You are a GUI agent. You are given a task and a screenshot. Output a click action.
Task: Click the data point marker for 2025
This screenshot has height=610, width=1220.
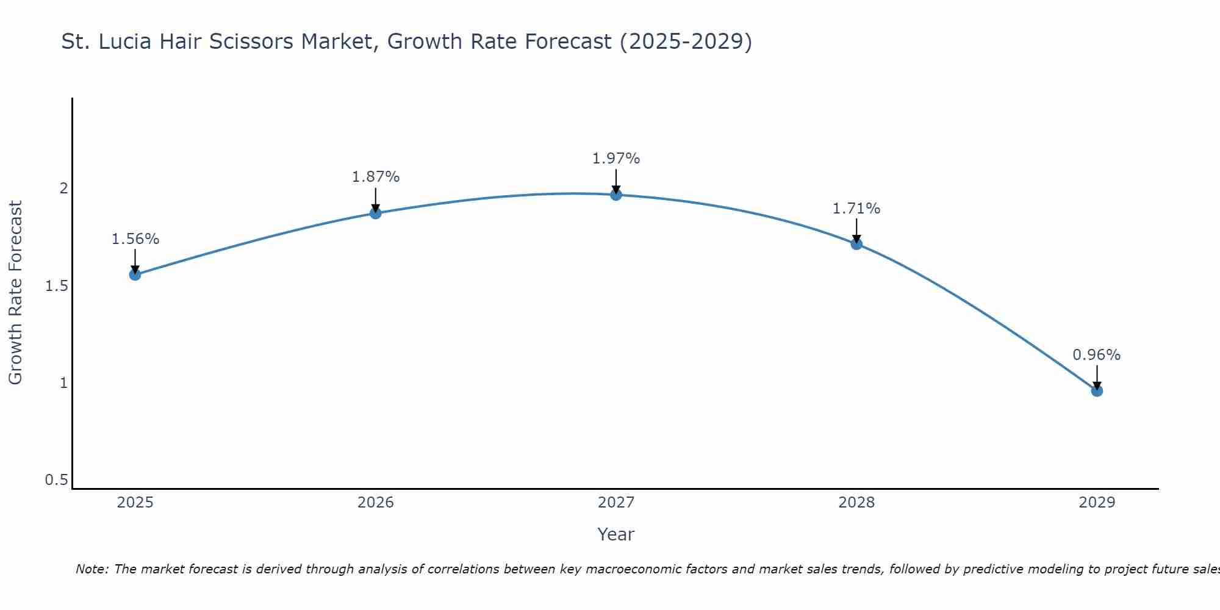pyautogui.click(x=135, y=274)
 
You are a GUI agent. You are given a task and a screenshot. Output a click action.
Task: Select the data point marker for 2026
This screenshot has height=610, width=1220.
pyautogui.click(x=376, y=213)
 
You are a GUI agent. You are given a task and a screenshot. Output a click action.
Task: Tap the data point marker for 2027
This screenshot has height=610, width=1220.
pyautogui.click(x=616, y=195)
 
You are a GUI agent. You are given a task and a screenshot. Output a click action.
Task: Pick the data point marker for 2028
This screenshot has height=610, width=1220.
pyautogui.click(x=856, y=244)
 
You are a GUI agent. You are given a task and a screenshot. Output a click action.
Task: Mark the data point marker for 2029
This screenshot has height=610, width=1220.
pyautogui.click(x=1097, y=390)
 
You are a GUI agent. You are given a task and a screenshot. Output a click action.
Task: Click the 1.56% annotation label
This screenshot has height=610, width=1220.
pyautogui.click(x=135, y=239)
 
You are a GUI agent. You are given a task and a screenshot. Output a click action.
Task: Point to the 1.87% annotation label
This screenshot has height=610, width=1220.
pyautogui.click(x=376, y=177)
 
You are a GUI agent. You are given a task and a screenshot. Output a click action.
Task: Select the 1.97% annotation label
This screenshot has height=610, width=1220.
pyautogui.click(x=616, y=159)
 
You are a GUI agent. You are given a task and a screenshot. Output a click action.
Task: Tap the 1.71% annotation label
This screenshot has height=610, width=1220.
pyautogui.click(x=856, y=209)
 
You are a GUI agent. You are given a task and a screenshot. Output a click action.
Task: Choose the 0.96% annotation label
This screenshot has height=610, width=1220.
pyautogui.click(x=1097, y=355)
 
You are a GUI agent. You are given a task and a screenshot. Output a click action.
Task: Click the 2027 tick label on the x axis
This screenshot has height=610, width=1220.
pyautogui.click(x=616, y=503)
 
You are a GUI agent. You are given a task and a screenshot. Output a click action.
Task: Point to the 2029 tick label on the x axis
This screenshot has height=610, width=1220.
pyautogui.click(x=1097, y=503)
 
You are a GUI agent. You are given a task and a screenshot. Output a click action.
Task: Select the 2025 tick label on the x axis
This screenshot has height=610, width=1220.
pyautogui.click(x=135, y=503)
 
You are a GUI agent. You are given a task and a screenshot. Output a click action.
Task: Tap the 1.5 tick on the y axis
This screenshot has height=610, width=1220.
pyautogui.click(x=56, y=285)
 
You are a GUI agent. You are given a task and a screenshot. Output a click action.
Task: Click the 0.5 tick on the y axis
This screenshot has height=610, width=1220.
pyautogui.click(x=56, y=480)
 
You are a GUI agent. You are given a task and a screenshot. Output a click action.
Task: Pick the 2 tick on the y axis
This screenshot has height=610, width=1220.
pyautogui.click(x=63, y=188)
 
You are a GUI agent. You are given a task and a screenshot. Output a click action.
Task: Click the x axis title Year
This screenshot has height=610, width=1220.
pyautogui.click(x=616, y=534)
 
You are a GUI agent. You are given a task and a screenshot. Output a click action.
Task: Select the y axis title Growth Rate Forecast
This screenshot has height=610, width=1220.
pyautogui.click(x=15, y=293)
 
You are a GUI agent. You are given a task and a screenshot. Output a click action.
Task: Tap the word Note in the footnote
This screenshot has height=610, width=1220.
pyautogui.click(x=91, y=569)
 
